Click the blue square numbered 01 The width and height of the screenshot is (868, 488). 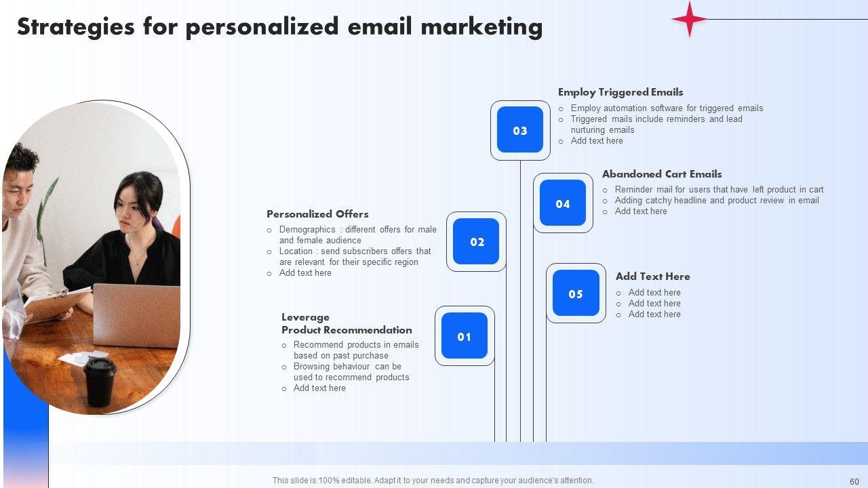(x=465, y=335)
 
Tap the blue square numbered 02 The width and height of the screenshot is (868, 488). (x=476, y=241)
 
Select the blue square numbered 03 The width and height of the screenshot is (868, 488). (x=520, y=129)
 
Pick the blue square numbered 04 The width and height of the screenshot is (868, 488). (x=563, y=203)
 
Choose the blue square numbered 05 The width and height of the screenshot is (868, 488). (x=576, y=293)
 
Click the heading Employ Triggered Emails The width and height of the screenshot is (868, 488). (x=620, y=93)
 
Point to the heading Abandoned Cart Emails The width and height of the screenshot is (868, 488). (x=662, y=174)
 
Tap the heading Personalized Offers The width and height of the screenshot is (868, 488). (x=317, y=214)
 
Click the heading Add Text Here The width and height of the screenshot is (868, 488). (x=653, y=277)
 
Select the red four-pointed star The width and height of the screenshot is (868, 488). (x=690, y=18)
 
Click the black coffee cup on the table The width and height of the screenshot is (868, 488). (x=100, y=382)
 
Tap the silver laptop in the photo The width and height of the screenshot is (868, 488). (x=136, y=315)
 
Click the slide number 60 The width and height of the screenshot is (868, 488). (x=854, y=481)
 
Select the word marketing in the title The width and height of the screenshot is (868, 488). (x=481, y=28)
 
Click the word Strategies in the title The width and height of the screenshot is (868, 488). (x=75, y=28)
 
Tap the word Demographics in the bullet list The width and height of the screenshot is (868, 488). (x=307, y=230)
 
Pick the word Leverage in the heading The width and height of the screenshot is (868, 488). (x=305, y=318)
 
